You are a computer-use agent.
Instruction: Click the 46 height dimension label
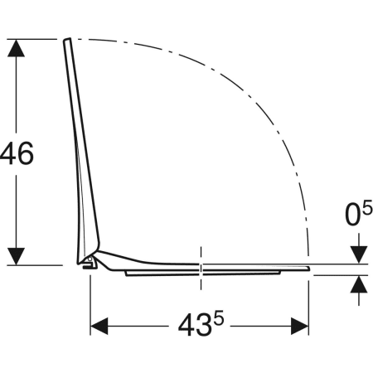(17, 153)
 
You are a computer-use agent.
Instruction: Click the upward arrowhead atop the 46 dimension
(16, 48)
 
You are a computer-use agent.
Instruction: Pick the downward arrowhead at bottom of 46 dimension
(16, 256)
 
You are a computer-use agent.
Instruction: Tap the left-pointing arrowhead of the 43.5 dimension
(99, 326)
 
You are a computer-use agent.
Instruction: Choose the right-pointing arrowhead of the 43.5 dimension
(300, 326)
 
